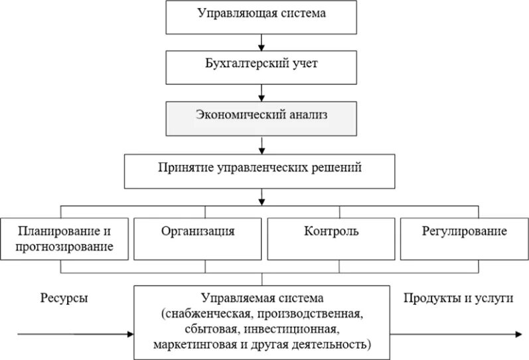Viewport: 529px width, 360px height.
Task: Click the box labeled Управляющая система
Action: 264,17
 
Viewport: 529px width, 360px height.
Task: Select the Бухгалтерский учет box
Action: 264,66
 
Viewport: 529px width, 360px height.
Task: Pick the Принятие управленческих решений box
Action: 261,170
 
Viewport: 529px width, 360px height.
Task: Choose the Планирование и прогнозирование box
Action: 64,238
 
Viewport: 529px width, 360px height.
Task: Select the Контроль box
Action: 332,238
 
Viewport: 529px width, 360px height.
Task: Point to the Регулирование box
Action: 464,238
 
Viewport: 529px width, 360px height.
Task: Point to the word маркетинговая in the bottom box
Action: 187,345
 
